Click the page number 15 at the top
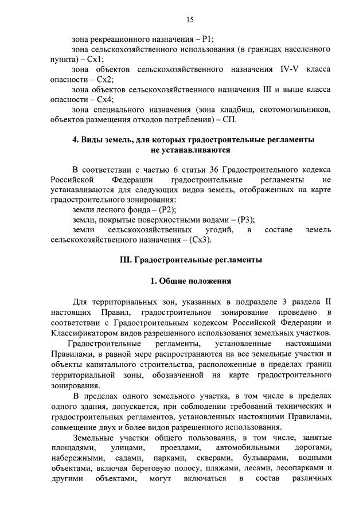[x=189, y=20]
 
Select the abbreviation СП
[x=229, y=119]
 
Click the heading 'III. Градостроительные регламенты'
[x=190, y=260]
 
